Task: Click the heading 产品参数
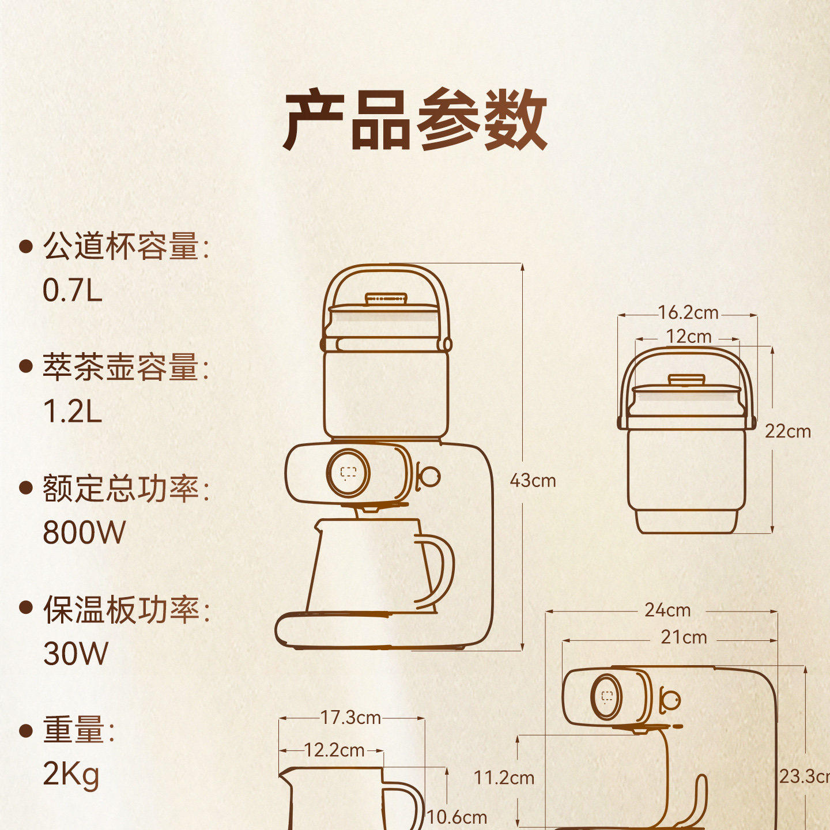[x=415, y=120]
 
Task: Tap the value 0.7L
[x=73, y=290]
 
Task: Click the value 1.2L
[x=73, y=412]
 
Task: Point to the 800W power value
[x=84, y=532]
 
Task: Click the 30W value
[x=76, y=654]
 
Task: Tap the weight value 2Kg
[x=71, y=775]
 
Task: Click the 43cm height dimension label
[x=533, y=480]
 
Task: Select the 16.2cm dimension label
[x=688, y=313]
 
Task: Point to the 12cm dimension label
[x=688, y=337]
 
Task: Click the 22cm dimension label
[x=787, y=431]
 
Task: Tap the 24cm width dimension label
[x=667, y=610]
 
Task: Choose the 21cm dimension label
[x=684, y=637]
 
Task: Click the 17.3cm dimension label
[x=350, y=718]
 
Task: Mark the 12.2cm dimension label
[x=334, y=750]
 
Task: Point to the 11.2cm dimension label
[x=504, y=778]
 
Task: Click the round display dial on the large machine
[x=349, y=473]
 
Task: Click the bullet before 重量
[x=25, y=731]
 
